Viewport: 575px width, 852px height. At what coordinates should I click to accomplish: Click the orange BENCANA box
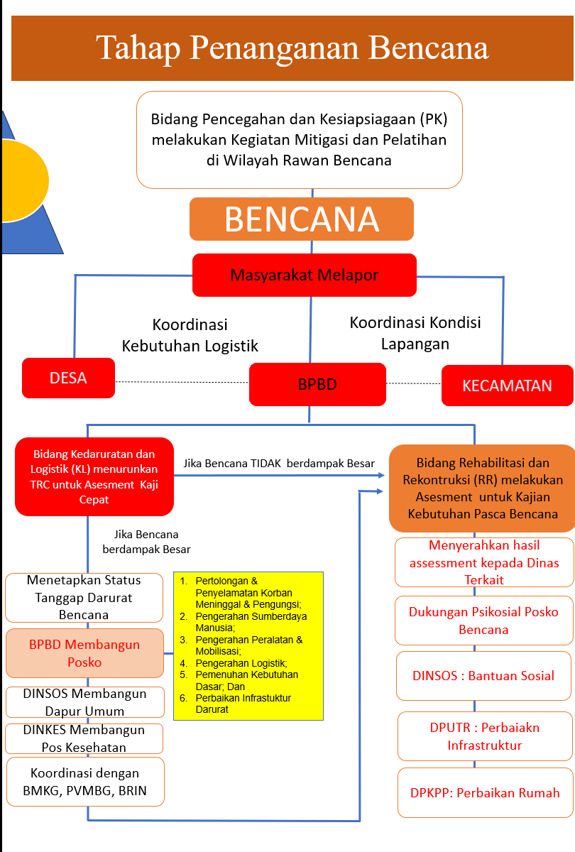[302, 219]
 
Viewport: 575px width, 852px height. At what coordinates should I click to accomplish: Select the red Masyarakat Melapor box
[305, 275]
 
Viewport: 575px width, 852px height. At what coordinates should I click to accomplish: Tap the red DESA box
[68, 378]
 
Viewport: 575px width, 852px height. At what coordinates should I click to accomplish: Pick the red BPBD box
[317, 384]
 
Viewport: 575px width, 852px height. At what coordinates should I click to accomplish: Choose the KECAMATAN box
[508, 386]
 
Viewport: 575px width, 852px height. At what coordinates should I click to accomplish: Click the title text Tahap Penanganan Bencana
[292, 48]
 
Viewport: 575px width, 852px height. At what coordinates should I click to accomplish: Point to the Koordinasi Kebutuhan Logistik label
[190, 335]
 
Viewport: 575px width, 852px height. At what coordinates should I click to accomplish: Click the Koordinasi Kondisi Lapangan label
[415, 333]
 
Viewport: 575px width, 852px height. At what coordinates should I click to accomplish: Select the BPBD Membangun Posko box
[84, 653]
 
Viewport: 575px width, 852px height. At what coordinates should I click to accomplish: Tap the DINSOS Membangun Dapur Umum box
[84, 702]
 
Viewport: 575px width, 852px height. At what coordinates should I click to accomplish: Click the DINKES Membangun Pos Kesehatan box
[84, 738]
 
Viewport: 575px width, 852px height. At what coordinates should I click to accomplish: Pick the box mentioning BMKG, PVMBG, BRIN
[85, 782]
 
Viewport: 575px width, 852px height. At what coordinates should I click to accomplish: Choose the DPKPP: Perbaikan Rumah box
[486, 792]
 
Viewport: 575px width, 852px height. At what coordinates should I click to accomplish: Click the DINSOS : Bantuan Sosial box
[483, 675]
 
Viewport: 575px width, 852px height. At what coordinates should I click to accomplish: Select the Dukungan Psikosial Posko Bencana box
[483, 621]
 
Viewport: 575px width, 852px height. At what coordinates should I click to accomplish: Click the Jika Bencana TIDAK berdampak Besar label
[279, 463]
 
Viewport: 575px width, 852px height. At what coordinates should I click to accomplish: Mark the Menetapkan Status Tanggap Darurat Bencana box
[84, 598]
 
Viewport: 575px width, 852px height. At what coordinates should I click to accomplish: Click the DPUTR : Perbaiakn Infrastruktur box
[486, 736]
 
